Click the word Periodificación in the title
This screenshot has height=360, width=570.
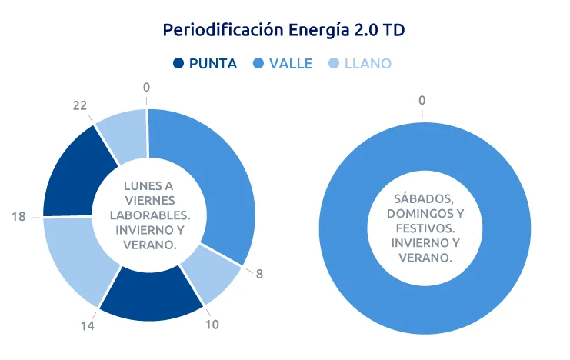[223, 30]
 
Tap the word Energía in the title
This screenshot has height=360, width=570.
[318, 30]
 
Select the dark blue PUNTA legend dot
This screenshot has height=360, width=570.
[178, 64]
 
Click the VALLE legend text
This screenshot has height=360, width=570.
[291, 64]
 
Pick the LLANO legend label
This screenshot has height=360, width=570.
[368, 64]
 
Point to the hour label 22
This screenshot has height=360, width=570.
[79, 105]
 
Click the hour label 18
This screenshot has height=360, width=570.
[18, 217]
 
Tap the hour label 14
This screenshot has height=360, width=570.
[87, 326]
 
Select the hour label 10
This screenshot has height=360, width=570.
[212, 325]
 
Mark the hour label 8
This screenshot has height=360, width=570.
[259, 274]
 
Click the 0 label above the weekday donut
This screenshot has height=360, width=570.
[146, 87]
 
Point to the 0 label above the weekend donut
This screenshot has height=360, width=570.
[422, 100]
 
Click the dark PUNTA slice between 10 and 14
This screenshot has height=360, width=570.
[151, 295]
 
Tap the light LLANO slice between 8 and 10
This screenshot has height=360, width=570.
[211, 273]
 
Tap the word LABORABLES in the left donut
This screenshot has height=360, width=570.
[150, 215]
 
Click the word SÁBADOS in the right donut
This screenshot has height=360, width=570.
[424, 199]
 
